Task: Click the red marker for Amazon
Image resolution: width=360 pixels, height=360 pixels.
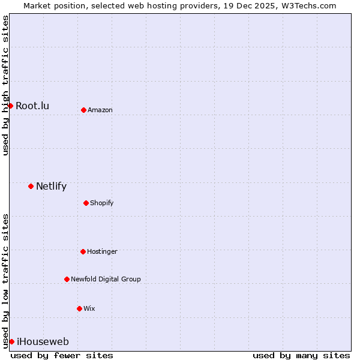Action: [x=83, y=110]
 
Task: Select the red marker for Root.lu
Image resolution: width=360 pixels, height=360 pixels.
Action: [x=10, y=106]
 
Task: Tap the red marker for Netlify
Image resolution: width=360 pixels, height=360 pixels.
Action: [x=31, y=186]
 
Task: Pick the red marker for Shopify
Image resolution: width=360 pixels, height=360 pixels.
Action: [x=86, y=203]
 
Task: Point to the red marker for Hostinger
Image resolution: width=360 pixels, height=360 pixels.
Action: [x=83, y=251]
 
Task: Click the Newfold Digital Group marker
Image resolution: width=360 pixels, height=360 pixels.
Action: [x=67, y=279]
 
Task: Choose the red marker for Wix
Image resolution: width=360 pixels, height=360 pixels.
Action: [x=79, y=308]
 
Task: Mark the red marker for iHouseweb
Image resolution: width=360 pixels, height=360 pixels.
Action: [x=11, y=341]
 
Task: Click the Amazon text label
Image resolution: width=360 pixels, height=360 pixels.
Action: [x=100, y=110]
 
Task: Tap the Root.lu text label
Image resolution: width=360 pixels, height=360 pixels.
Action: [x=32, y=106]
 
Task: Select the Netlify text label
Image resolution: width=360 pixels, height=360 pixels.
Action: [x=51, y=187]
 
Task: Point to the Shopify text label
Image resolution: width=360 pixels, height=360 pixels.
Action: [x=102, y=203]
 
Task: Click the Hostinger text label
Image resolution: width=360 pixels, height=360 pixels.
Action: [x=102, y=252]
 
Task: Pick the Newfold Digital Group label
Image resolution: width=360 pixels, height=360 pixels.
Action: [x=106, y=280]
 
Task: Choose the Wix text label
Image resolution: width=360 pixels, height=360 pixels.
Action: [x=89, y=309]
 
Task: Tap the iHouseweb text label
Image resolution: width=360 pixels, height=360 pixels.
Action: [x=43, y=342]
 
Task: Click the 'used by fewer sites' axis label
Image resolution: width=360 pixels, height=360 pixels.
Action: [x=62, y=355]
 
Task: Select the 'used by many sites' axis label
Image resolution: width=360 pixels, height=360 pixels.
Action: [x=301, y=355]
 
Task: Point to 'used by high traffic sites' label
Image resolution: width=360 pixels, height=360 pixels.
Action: [x=5, y=85]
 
